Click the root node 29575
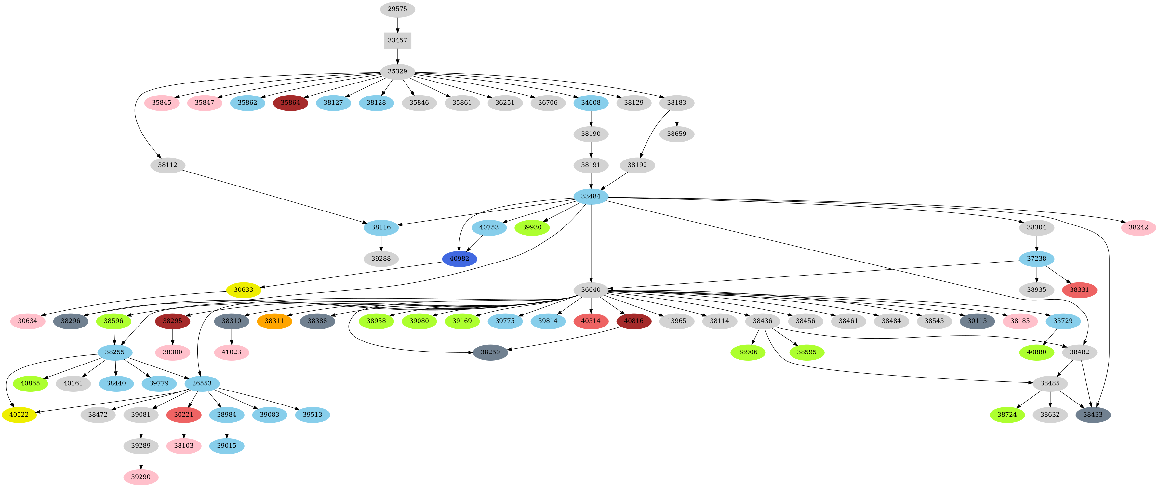tap(397, 9)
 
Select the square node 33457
tap(397, 40)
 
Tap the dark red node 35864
tap(290, 102)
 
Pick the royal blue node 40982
tap(459, 258)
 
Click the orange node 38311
tap(274, 321)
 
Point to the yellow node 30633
tap(244, 290)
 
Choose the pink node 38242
tap(1138, 227)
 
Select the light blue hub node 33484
tap(591, 196)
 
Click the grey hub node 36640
tap(591, 290)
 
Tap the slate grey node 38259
tap(490, 352)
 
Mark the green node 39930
tap(532, 227)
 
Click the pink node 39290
tap(141, 477)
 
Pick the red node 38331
tap(1079, 290)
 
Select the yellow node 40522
tap(19, 414)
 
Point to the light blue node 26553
tap(202, 383)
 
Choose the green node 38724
tap(1007, 414)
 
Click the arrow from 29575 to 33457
tap(397, 25)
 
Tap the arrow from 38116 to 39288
tap(381, 243)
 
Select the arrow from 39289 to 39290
tap(141, 461)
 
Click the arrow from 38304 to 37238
tap(1037, 243)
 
